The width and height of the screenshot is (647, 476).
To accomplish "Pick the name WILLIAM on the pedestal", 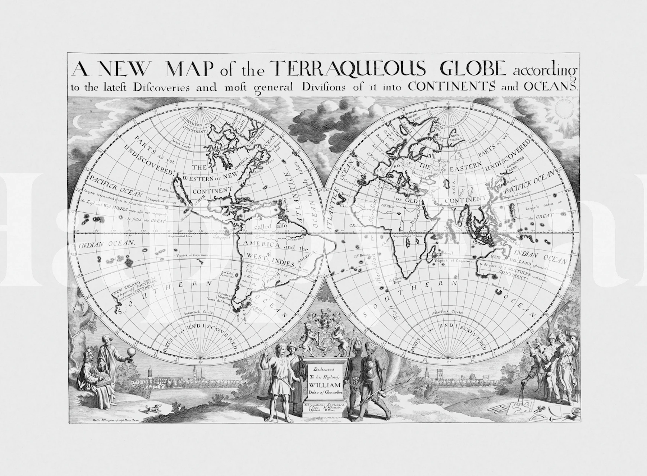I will tap(324, 385).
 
